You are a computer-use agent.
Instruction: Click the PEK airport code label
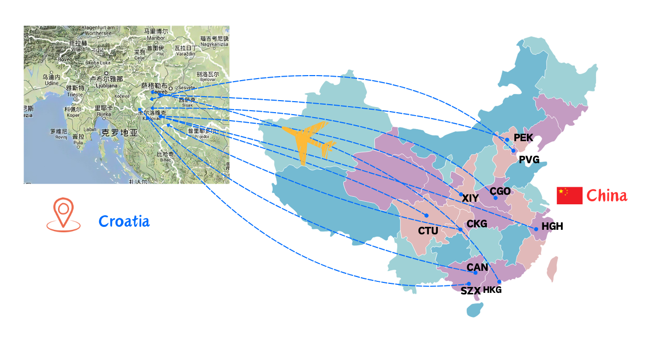click(523, 138)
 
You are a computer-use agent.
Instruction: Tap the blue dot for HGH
click(536, 229)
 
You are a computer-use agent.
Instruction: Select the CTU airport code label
click(428, 231)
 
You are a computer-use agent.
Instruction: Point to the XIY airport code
click(470, 198)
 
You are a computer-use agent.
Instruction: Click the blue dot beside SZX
click(469, 283)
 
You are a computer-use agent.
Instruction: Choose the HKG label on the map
click(492, 290)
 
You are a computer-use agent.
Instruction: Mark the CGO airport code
click(500, 191)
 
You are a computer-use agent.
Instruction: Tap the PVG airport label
click(529, 160)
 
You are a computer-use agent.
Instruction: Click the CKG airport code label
click(476, 223)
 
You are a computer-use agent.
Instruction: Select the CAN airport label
click(477, 267)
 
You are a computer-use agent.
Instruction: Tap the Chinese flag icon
click(569, 195)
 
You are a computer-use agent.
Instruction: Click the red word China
click(606, 195)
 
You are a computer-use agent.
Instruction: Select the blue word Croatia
click(124, 221)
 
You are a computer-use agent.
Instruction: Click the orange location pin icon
click(64, 215)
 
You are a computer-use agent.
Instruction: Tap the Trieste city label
click(75, 95)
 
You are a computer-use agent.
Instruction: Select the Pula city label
click(78, 142)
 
